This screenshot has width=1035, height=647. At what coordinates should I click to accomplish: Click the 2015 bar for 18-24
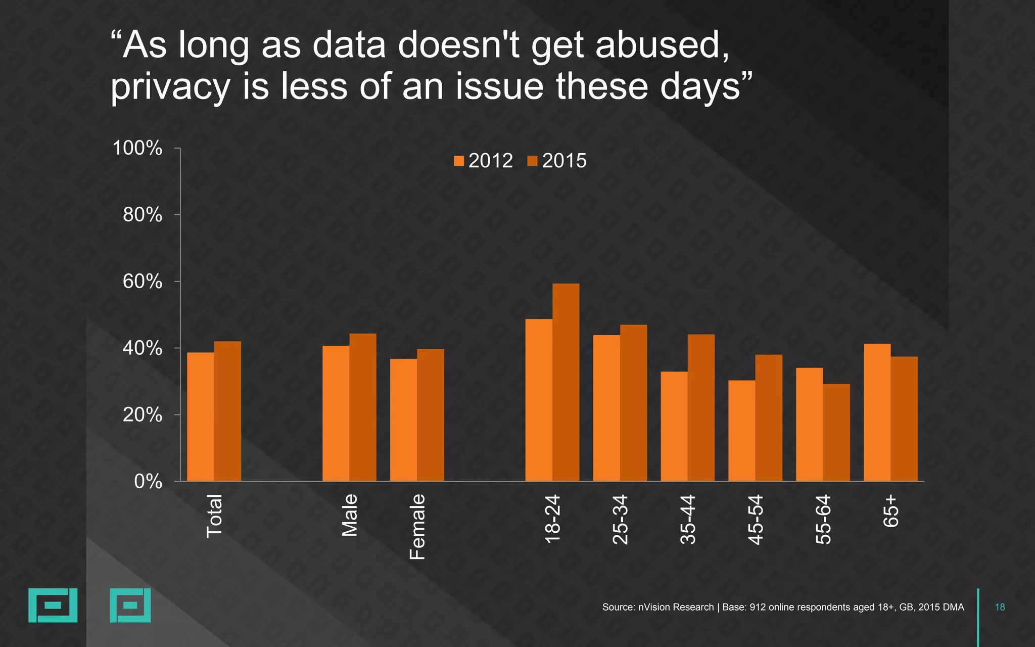[566, 382]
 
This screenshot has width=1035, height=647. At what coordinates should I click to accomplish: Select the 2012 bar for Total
[201, 417]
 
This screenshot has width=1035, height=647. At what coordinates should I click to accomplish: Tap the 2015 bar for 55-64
[836, 432]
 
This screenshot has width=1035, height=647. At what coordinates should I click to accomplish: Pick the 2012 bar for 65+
[877, 412]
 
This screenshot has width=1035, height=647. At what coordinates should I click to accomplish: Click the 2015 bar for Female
[431, 414]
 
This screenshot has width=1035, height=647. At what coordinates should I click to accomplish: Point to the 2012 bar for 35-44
[674, 426]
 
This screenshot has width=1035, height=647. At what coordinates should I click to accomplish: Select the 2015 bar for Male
[363, 407]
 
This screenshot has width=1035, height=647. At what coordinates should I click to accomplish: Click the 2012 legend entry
[484, 161]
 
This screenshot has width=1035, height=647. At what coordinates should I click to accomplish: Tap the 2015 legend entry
[557, 161]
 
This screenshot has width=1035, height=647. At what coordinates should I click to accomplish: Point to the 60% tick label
[143, 282]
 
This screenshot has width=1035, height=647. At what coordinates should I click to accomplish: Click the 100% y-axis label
[137, 148]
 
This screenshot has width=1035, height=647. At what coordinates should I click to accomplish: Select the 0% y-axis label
[148, 482]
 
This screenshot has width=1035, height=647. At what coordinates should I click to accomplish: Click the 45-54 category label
[755, 520]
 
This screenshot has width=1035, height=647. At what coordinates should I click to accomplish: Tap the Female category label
[417, 527]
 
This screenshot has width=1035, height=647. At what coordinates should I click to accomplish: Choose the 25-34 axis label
[620, 520]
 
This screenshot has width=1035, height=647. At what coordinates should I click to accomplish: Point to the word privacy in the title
[171, 87]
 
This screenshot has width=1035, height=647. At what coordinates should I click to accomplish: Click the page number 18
[1000, 607]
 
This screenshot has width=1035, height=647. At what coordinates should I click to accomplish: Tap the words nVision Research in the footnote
[676, 607]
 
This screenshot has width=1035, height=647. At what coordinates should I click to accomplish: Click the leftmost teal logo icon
[53, 605]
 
